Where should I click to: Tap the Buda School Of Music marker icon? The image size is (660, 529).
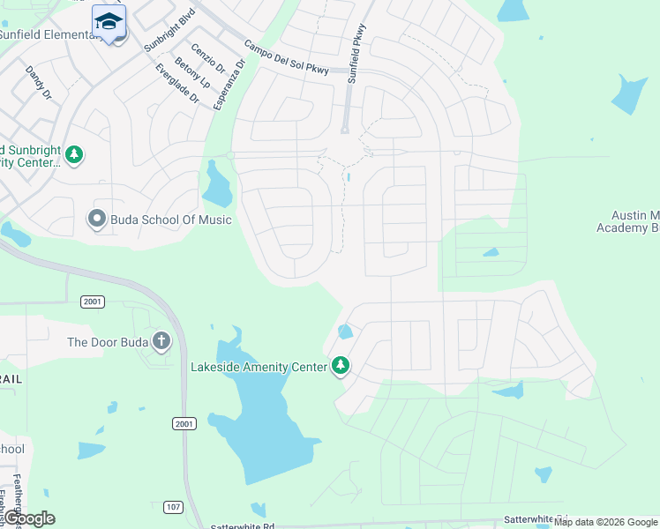tap(97, 219)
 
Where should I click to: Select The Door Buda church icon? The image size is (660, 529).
tap(161, 341)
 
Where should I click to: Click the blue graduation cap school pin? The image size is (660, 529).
tap(109, 21)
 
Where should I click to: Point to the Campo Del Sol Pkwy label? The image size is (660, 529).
tap(287, 59)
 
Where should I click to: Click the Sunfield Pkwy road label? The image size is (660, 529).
tap(357, 60)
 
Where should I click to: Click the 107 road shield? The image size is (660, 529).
tap(172, 506)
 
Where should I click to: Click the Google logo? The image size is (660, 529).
tap(29, 518)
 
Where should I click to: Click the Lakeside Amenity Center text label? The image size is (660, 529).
tap(260, 366)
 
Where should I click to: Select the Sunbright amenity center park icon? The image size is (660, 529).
tap(75, 155)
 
